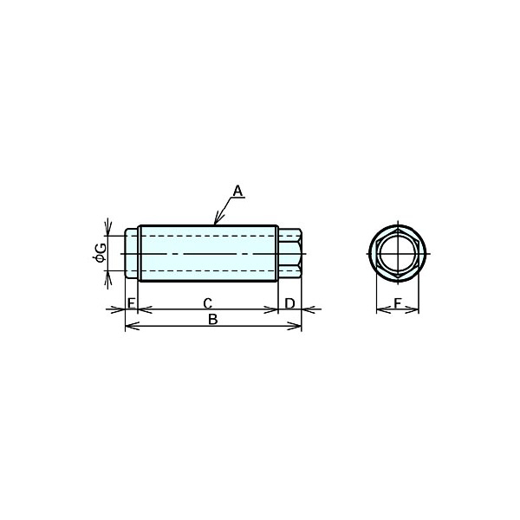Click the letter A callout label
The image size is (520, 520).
[x=237, y=191]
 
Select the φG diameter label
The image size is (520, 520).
[x=100, y=253]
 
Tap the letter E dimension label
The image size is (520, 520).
[x=132, y=302]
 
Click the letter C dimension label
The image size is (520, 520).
[x=208, y=303]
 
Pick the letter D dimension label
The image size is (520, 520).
[x=289, y=303]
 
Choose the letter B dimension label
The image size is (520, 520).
[x=213, y=319]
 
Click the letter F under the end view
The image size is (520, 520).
[x=398, y=303]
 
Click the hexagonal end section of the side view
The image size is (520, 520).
[x=289, y=253]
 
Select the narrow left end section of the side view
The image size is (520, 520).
[x=132, y=253]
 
